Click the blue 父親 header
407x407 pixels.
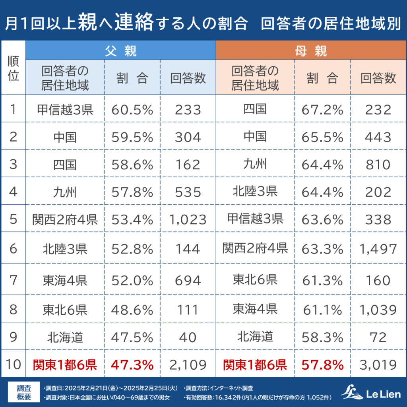(x=120, y=50)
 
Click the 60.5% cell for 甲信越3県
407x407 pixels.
(x=132, y=109)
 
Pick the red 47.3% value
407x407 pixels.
(x=132, y=364)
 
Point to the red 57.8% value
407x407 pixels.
(x=322, y=364)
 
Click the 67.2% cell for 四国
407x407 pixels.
(x=322, y=109)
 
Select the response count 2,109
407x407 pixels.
(x=188, y=364)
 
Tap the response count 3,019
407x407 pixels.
(x=378, y=364)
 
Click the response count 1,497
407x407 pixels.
(x=378, y=249)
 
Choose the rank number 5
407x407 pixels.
(x=14, y=219)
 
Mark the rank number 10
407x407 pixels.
(x=14, y=364)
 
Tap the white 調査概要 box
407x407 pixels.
(x=24, y=392)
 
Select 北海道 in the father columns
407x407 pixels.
(x=65, y=337)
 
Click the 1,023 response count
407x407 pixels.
(x=188, y=219)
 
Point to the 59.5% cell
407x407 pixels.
(x=132, y=138)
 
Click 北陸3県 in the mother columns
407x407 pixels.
(x=255, y=192)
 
